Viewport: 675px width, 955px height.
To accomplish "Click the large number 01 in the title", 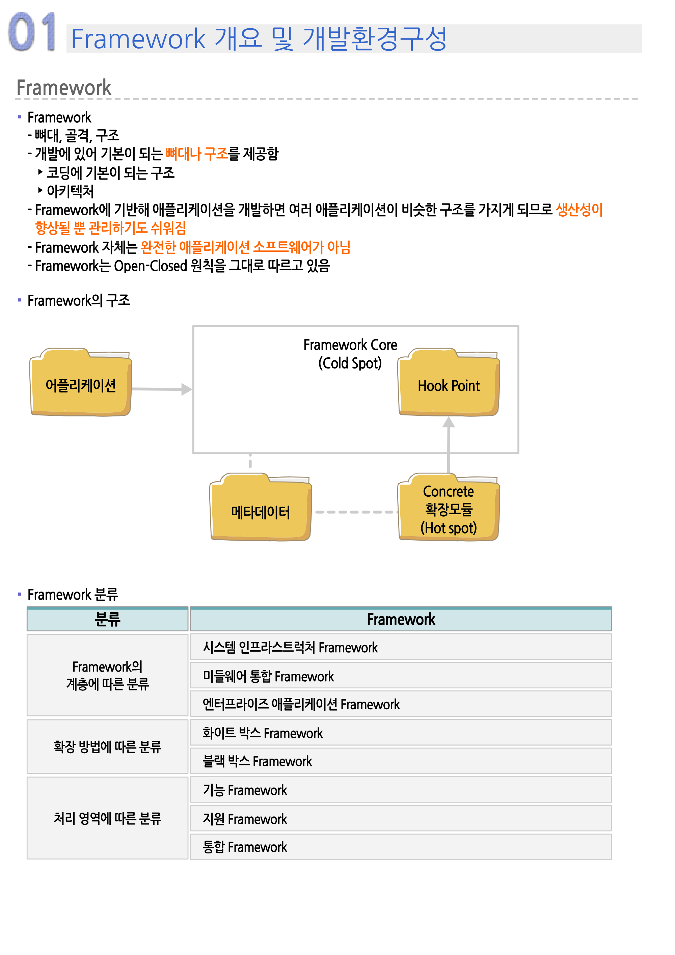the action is click(x=32, y=32).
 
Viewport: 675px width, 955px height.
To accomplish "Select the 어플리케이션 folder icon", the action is click(x=81, y=382).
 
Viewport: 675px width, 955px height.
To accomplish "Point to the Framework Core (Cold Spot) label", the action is click(x=350, y=354).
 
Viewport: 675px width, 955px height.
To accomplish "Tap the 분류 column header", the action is click(x=107, y=619).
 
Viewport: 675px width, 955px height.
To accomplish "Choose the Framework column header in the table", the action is click(x=401, y=619).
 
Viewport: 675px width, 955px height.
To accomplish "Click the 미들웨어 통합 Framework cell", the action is click(x=401, y=676).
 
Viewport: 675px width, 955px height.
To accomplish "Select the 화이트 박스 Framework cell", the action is click(x=401, y=733).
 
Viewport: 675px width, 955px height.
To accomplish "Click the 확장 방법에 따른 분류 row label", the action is click(x=107, y=746).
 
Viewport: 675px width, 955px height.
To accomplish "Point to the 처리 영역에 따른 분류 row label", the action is click(x=107, y=818).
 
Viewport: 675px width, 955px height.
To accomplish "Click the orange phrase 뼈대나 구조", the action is click(x=197, y=154).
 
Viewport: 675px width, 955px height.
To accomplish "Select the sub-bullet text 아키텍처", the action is click(x=70, y=191).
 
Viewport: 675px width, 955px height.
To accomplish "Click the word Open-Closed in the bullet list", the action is click(x=151, y=266).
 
